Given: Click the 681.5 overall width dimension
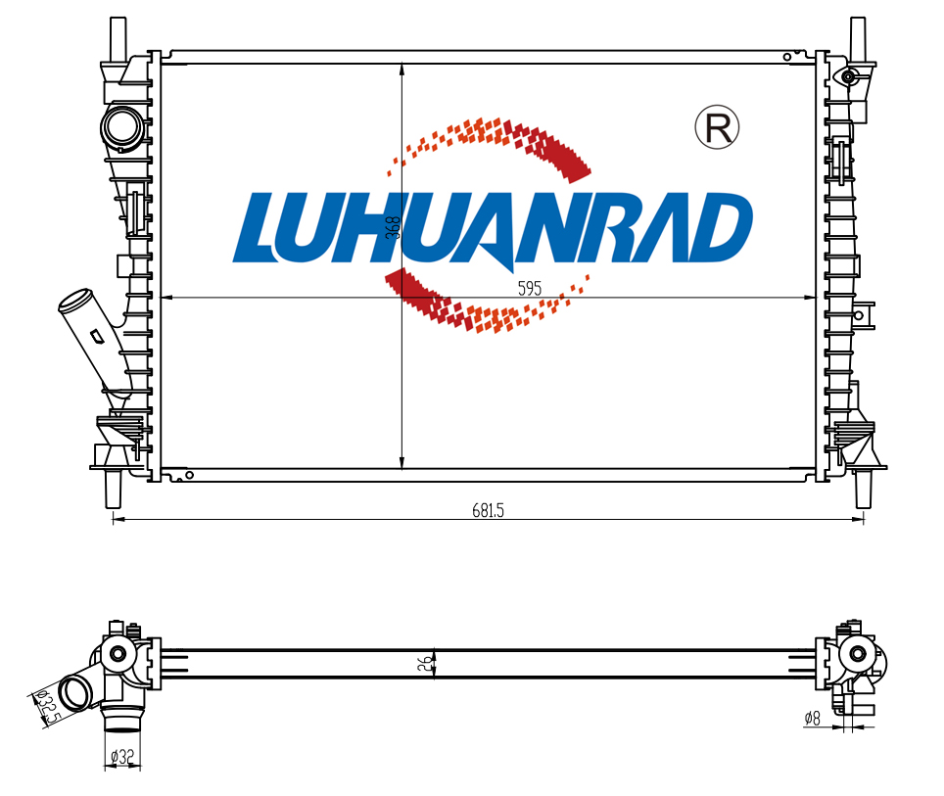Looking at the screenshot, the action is [488, 511].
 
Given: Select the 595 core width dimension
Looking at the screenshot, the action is [530, 289].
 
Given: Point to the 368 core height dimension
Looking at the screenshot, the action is [393, 227].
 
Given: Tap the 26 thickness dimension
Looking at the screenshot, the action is [425, 664].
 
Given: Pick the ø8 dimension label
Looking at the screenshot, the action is [812, 718].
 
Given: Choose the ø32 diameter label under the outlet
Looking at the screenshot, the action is [122, 756].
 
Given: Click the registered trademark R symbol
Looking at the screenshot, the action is [717, 127].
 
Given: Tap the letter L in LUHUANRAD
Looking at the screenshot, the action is [259, 227].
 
